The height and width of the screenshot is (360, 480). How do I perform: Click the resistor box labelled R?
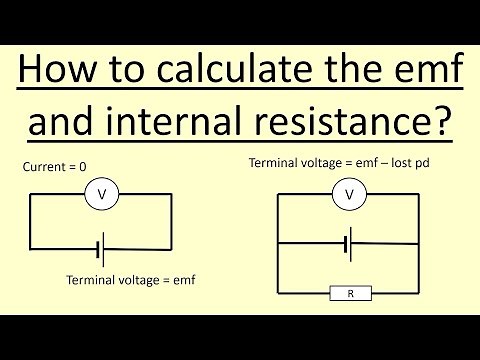(x=349, y=293)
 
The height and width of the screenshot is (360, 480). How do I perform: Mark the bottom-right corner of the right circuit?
(x=418, y=293)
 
